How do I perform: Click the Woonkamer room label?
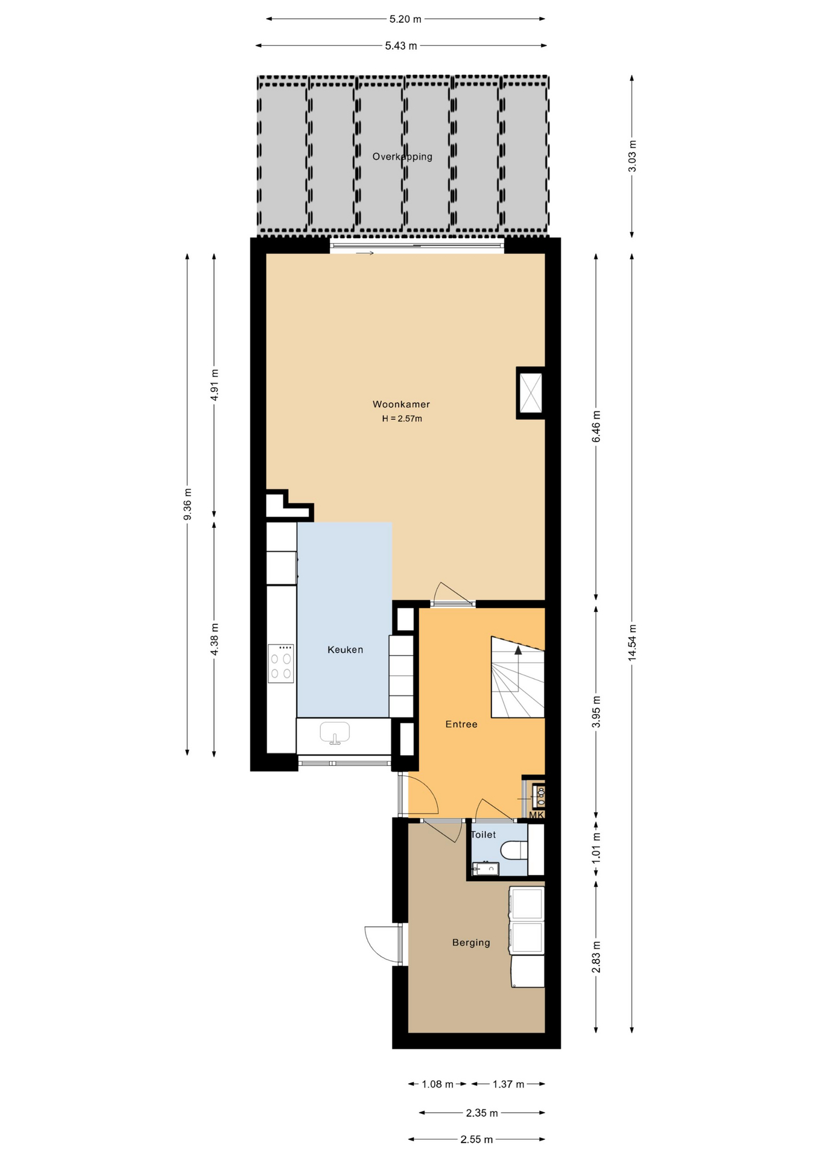tap(401, 404)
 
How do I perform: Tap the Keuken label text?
tap(345, 650)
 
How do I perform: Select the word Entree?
tap(461, 724)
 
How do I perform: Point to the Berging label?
tap(471, 943)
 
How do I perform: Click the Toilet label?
tap(483, 835)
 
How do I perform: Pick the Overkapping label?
tap(402, 157)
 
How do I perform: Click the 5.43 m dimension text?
tap(401, 46)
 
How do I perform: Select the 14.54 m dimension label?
tap(632, 642)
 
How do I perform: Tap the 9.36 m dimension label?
tap(188, 504)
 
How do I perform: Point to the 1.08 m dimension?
tap(437, 1084)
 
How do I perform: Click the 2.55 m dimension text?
tap(476, 1139)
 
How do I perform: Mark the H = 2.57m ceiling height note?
tap(402, 419)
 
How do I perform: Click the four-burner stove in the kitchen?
tap(280, 663)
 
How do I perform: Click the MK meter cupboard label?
tap(536, 815)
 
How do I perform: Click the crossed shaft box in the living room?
tap(531, 393)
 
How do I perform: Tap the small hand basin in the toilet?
tap(485, 868)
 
